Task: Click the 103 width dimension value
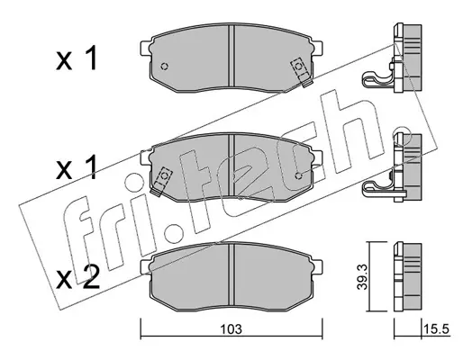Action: click(x=231, y=329)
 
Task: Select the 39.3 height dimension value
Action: click(x=362, y=277)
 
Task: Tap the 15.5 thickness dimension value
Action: click(x=436, y=329)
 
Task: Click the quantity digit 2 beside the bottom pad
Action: click(x=90, y=278)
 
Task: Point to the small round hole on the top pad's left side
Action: click(x=164, y=67)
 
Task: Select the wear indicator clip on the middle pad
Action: click(x=161, y=181)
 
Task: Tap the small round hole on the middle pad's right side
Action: click(x=298, y=175)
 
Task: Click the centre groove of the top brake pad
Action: click(x=231, y=57)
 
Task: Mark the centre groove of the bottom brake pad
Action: click(x=231, y=276)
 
